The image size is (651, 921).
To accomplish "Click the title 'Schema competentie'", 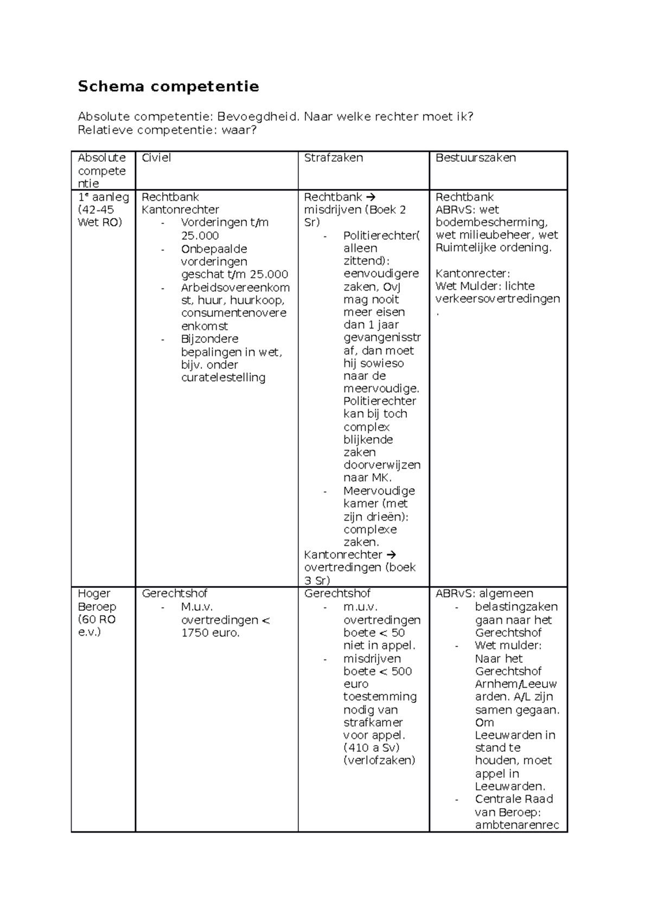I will click(x=168, y=86).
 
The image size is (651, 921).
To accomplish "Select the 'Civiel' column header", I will click(x=156, y=158).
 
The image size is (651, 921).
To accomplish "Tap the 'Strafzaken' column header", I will click(x=333, y=158).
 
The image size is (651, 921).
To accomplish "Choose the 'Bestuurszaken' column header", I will click(x=475, y=158).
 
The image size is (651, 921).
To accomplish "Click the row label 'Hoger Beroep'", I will click(x=97, y=600).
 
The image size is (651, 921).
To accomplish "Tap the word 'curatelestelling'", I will click(x=223, y=378).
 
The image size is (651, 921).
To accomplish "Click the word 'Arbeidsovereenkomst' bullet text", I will click(x=235, y=287).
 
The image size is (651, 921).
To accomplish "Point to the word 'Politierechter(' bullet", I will click(x=381, y=235).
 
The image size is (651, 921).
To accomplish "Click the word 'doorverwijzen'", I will click(x=381, y=465).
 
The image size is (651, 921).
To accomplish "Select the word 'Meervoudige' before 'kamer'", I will click(x=379, y=490).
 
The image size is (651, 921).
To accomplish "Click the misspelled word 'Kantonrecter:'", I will click(x=473, y=273).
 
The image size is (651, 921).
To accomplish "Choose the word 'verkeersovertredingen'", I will click(x=497, y=299).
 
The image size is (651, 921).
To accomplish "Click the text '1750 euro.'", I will click(x=210, y=632).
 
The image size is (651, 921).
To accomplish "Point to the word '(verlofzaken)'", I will click(x=379, y=760).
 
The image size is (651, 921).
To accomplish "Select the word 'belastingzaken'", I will click(x=516, y=606).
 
